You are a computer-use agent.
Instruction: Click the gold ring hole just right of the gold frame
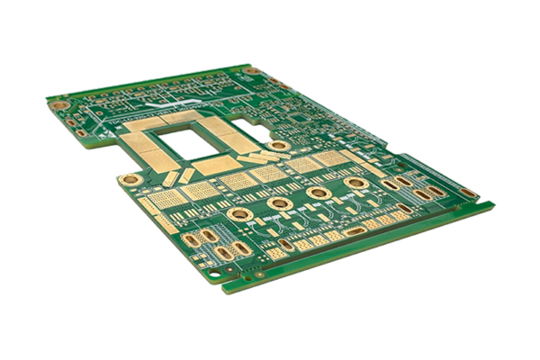(280, 145)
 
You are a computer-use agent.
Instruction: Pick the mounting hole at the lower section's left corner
(131, 179)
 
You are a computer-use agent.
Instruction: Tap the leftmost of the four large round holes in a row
(240, 213)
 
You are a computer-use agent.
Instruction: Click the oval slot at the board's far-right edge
(468, 192)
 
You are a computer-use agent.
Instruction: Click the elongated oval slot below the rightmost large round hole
(355, 231)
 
